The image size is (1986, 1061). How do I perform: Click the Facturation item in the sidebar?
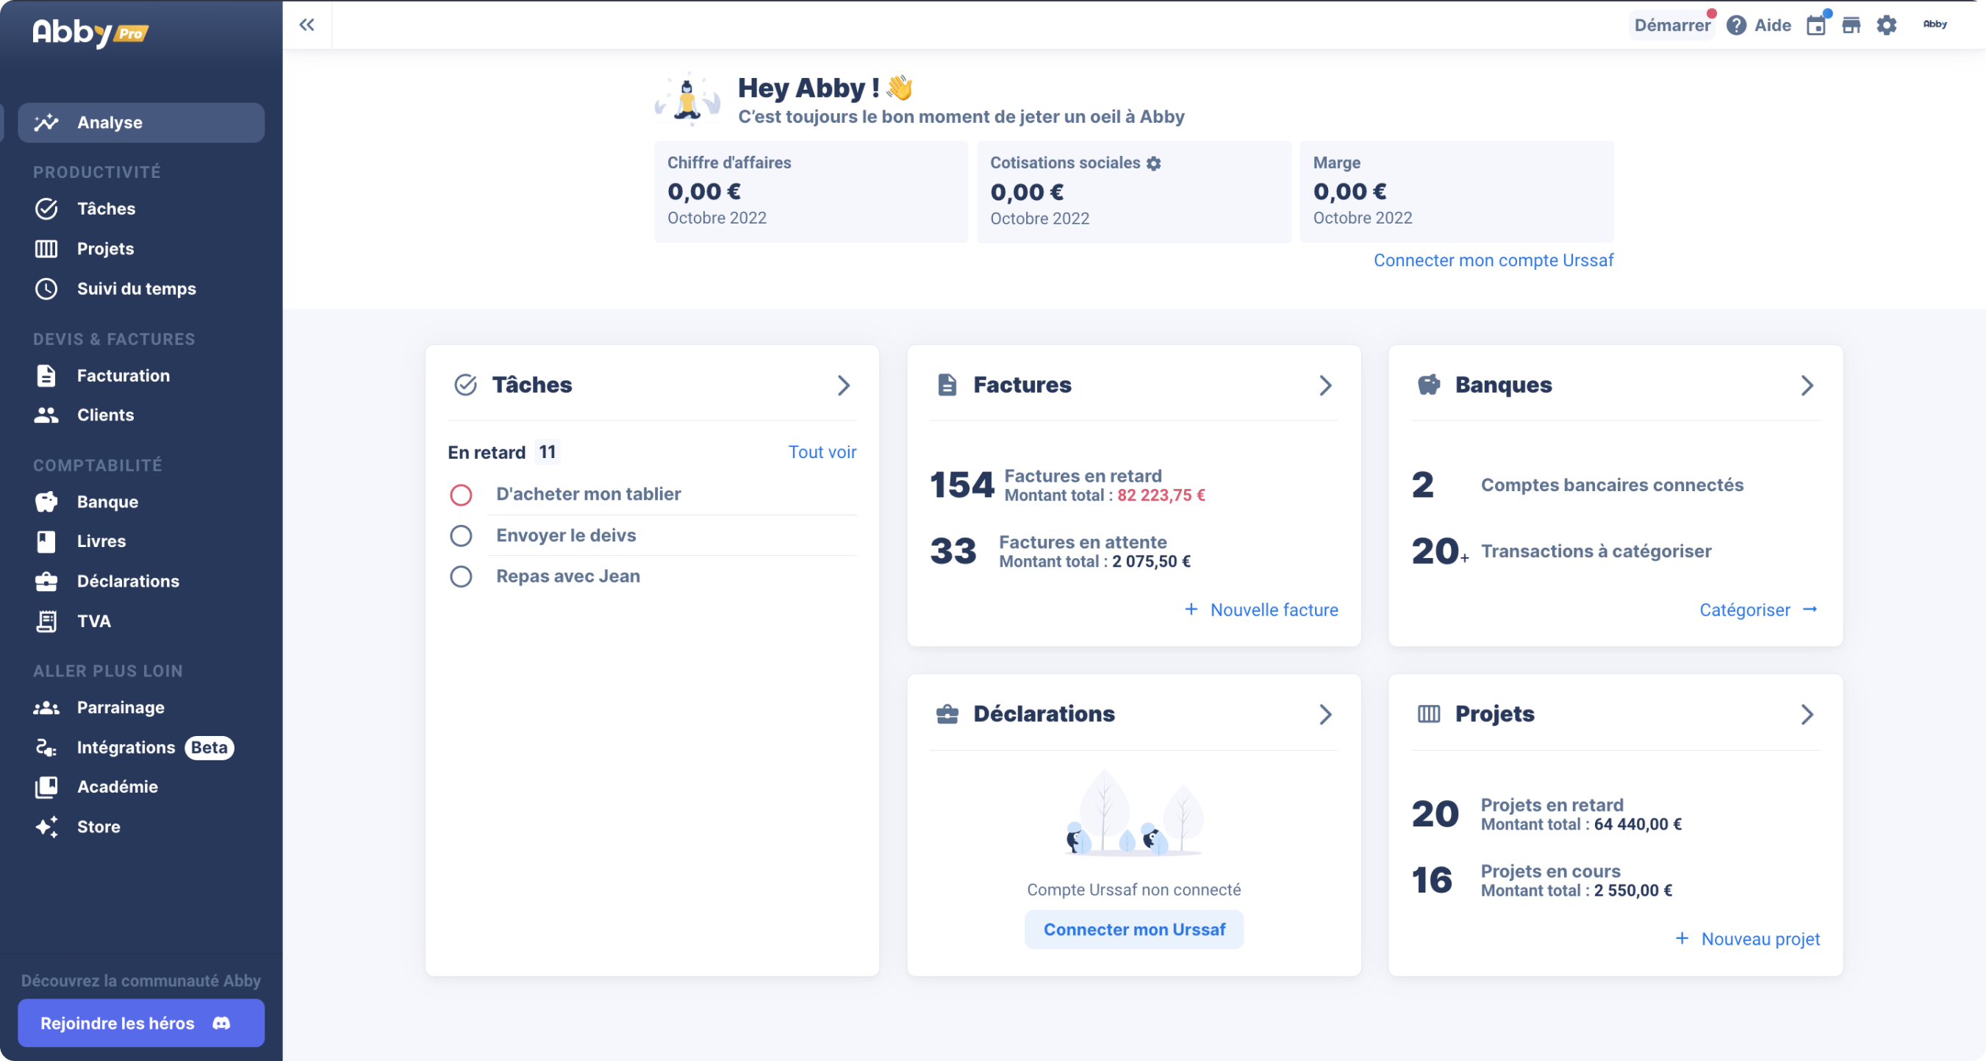(123, 376)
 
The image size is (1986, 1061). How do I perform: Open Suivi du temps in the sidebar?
(136, 288)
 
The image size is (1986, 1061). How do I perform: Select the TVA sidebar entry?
(93, 621)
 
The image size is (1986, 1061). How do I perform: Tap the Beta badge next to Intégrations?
(209, 747)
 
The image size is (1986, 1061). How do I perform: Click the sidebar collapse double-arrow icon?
(306, 25)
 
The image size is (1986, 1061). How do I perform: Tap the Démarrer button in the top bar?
(1671, 25)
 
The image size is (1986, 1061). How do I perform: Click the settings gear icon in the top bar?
(1886, 25)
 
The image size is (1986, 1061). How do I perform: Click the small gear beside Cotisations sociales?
(1153, 163)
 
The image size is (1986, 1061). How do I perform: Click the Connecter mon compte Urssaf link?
(1493, 260)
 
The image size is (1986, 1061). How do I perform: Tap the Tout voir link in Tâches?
(822, 452)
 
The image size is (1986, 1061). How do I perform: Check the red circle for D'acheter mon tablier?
(461, 494)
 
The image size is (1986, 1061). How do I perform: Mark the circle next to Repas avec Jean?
(461, 576)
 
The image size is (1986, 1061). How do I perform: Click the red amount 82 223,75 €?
(1161, 495)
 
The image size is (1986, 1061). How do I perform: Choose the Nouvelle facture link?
(1273, 610)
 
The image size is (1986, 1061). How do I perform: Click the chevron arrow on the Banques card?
(1807, 385)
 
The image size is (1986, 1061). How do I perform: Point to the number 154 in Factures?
(961, 485)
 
